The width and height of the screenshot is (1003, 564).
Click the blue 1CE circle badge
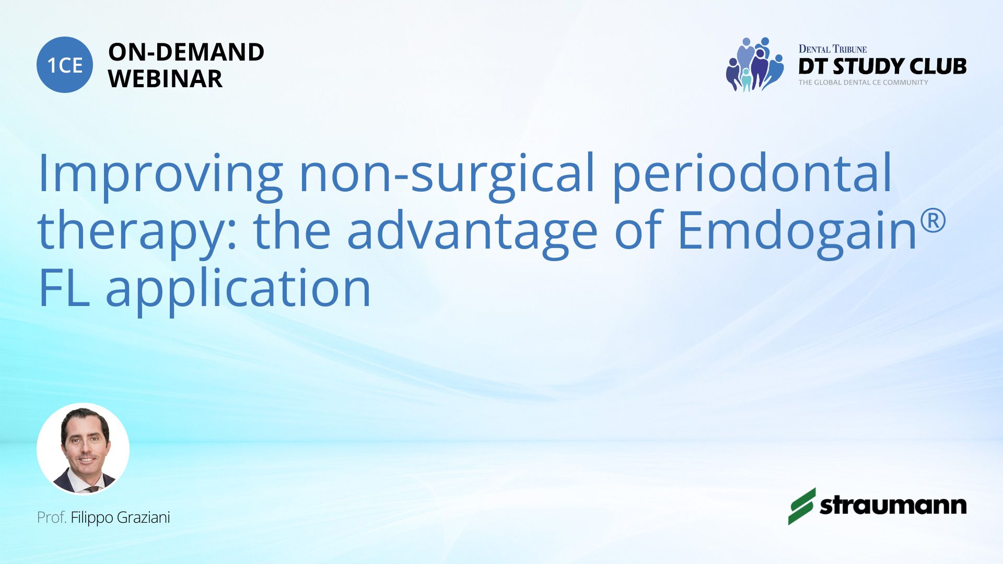(x=65, y=65)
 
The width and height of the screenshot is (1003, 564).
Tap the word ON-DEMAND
(x=186, y=52)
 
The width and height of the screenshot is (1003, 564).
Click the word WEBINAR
(x=165, y=79)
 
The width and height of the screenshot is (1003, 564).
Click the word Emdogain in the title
(x=798, y=230)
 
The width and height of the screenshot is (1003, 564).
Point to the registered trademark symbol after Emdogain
(x=933, y=220)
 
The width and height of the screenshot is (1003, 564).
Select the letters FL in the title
(x=64, y=288)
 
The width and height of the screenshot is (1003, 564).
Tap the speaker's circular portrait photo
(x=83, y=449)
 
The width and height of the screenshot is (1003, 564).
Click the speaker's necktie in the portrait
(x=92, y=489)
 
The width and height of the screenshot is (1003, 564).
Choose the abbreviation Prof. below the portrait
(x=52, y=518)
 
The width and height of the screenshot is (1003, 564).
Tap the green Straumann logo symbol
(x=802, y=506)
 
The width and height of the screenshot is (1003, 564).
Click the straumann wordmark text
(x=893, y=506)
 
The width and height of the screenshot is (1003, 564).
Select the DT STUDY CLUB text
(x=882, y=66)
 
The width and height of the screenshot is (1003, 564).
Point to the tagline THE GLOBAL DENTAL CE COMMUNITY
(x=863, y=83)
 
